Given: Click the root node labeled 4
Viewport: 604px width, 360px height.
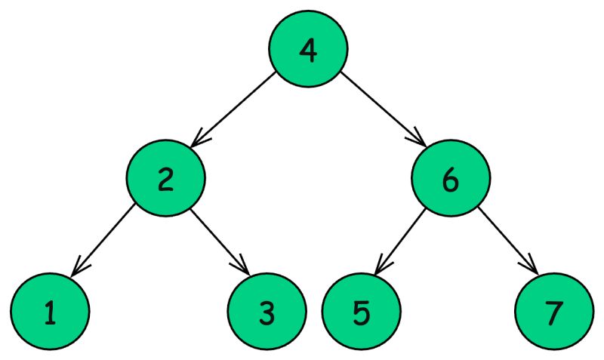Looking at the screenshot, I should [308, 48].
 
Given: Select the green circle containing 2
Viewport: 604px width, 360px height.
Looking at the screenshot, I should [165, 179].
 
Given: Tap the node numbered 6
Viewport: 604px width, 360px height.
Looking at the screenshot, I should [451, 179].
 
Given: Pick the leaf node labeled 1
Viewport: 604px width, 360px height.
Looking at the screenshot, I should [50, 311].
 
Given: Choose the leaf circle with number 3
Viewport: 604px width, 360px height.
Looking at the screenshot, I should [267, 311].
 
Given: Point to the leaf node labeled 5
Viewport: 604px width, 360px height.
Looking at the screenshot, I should [361, 311].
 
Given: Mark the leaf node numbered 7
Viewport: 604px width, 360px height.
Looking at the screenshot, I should [554, 311].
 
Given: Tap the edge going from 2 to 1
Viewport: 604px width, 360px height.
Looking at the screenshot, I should [106, 238].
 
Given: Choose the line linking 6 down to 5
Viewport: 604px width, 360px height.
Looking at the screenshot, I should [402, 238].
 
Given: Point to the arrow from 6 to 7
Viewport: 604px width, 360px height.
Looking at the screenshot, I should [507, 238].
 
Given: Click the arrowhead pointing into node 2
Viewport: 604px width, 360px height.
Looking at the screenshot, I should [196, 140].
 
